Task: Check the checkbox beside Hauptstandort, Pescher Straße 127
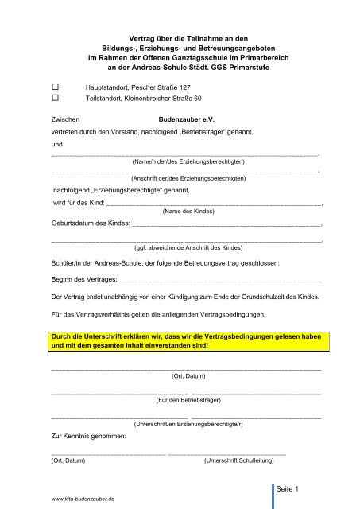click(x=56, y=84)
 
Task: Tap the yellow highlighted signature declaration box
click(x=187, y=341)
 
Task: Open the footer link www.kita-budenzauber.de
click(x=82, y=497)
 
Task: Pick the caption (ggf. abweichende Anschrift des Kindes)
click(x=188, y=247)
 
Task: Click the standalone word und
click(x=56, y=143)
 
